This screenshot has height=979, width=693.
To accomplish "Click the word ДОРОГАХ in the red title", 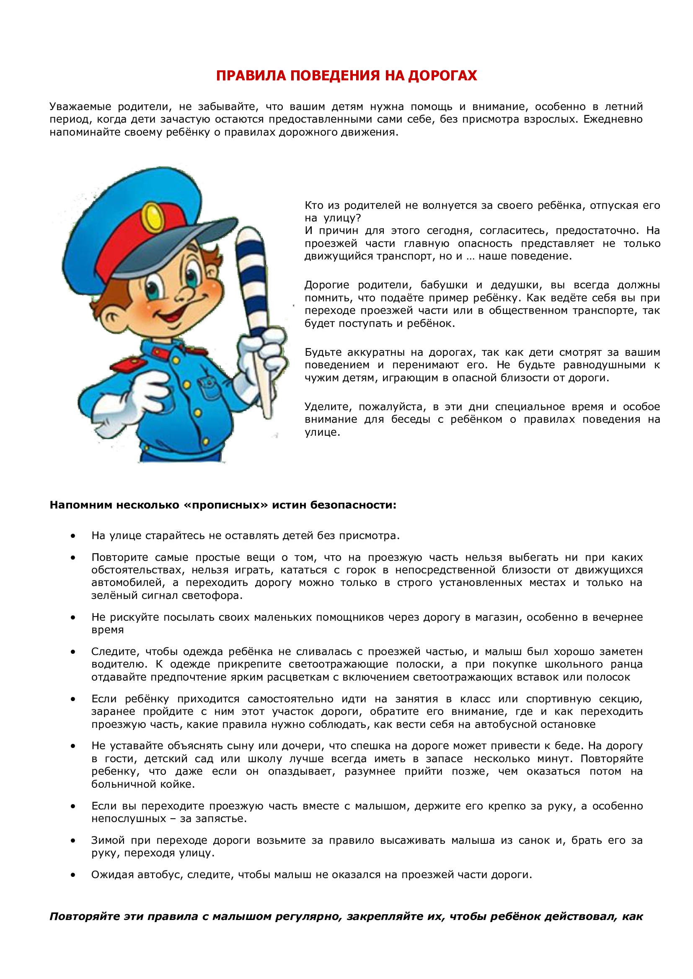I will point(442,75).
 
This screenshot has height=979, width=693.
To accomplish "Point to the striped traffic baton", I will point(254,290).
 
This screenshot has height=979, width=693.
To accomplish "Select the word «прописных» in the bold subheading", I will point(225,505).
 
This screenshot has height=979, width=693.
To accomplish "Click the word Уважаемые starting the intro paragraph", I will point(80,107).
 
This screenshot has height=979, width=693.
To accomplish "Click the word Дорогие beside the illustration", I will point(327,285).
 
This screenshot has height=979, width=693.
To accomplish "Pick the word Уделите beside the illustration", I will point(328,407).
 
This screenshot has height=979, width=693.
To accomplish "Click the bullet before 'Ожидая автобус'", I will point(73,875).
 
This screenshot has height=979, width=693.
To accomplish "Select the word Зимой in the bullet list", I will point(108,841).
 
